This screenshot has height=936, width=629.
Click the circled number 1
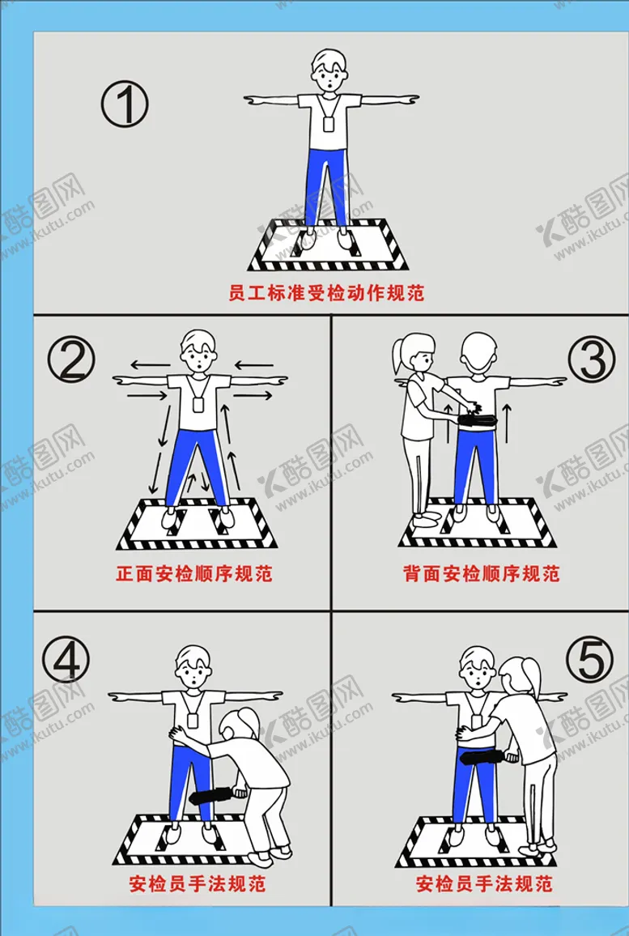124,104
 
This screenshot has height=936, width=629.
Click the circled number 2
71,360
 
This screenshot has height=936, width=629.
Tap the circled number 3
592,360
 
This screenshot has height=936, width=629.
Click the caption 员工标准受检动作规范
326,293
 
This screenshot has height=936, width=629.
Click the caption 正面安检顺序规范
194,573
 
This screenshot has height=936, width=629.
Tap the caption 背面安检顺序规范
481,573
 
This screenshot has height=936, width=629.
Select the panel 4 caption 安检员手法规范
197,883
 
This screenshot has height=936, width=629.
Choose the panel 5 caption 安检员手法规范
484,883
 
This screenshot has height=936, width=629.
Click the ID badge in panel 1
329,124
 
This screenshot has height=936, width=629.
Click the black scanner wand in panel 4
213,795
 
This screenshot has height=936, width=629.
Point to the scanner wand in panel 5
487,757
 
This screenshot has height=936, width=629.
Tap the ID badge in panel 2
198,403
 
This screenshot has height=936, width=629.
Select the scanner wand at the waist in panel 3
478,419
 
